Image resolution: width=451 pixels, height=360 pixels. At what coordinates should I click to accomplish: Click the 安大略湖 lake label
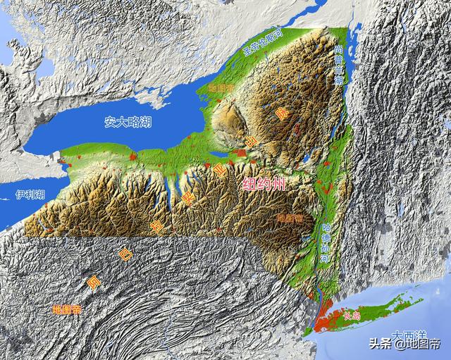[128, 122]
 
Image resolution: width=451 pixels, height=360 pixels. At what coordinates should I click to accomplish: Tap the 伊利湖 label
[30, 194]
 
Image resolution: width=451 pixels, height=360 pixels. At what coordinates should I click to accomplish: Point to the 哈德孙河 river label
[325, 243]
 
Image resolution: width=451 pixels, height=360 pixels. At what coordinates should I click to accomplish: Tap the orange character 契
[188, 200]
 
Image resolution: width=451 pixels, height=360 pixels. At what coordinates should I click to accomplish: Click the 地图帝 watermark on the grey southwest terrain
[67, 309]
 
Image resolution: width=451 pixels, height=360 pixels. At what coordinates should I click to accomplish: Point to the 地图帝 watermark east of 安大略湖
[221, 88]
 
